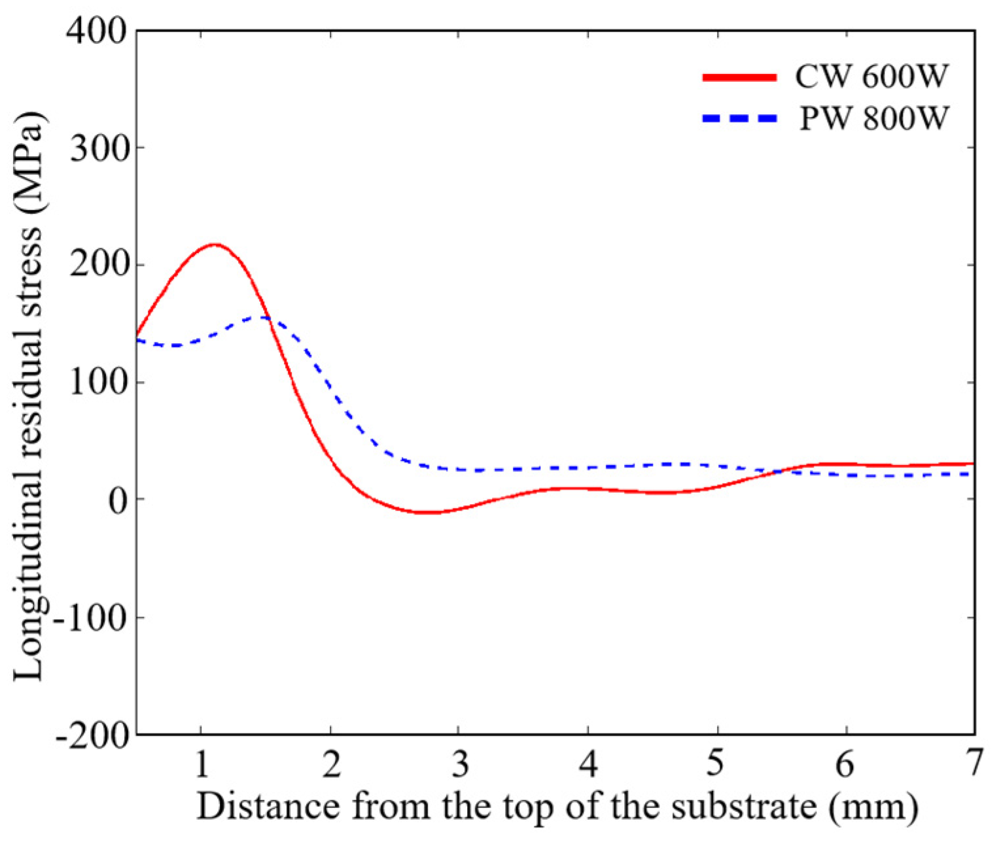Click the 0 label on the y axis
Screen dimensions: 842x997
pyautogui.click(x=116, y=501)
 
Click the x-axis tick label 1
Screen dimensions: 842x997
pyautogui.click(x=202, y=763)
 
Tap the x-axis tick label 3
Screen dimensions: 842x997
pyautogui.click(x=461, y=763)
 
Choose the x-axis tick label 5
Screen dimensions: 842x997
pyautogui.click(x=717, y=763)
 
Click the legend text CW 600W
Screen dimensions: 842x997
pyautogui.click(x=871, y=77)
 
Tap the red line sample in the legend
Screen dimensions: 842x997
pyautogui.click(x=739, y=77)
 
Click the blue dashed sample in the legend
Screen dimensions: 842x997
pyautogui.click(x=739, y=119)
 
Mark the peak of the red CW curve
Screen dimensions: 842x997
pyautogui.click(x=215, y=245)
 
